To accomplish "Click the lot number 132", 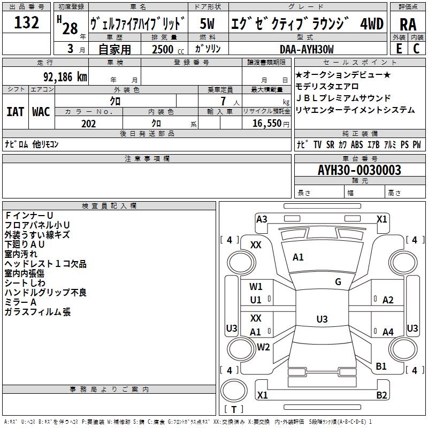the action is pyautogui.click(x=26, y=22).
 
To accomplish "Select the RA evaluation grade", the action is pyautogui.click(x=408, y=25).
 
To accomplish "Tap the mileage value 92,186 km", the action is pyautogui.click(x=65, y=77).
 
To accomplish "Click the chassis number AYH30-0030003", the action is pyautogui.click(x=360, y=170).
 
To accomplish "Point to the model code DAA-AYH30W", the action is pyautogui.click(x=307, y=49).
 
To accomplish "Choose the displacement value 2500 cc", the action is pyautogui.click(x=168, y=49).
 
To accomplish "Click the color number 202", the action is pyautogui.click(x=88, y=124).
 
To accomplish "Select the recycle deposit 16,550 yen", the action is pyautogui.click(x=271, y=124).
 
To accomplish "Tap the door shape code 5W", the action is pyautogui.click(x=207, y=24).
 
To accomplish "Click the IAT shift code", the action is pyautogui.click(x=15, y=112).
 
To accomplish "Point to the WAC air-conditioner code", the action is pyautogui.click(x=41, y=112).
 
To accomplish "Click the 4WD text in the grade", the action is pyautogui.click(x=372, y=24).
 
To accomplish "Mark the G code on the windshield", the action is pyautogui.click(x=338, y=282).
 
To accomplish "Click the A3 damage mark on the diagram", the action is pyautogui.click(x=262, y=219).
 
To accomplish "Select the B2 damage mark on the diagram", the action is pyautogui.click(x=381, y=395).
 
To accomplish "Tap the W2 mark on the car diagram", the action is pyautogui.click(x=263, y=347).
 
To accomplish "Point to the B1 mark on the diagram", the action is pyautogui.click(x=381, y=366).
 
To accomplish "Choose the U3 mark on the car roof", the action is pyautogui.click(x=322, y=319).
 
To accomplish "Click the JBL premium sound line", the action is pyautogui.click(x=343, y=98).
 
